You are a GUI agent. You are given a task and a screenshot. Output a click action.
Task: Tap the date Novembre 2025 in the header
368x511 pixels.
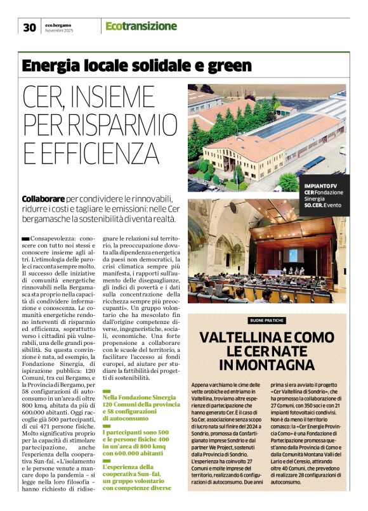[60, 30]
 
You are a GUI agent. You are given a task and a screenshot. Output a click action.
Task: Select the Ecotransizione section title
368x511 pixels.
[141, 26]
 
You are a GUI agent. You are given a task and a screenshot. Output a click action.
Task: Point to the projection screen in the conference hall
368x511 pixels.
[294, 255]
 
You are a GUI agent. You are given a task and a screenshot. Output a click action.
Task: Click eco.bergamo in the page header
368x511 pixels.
[61, 24]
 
